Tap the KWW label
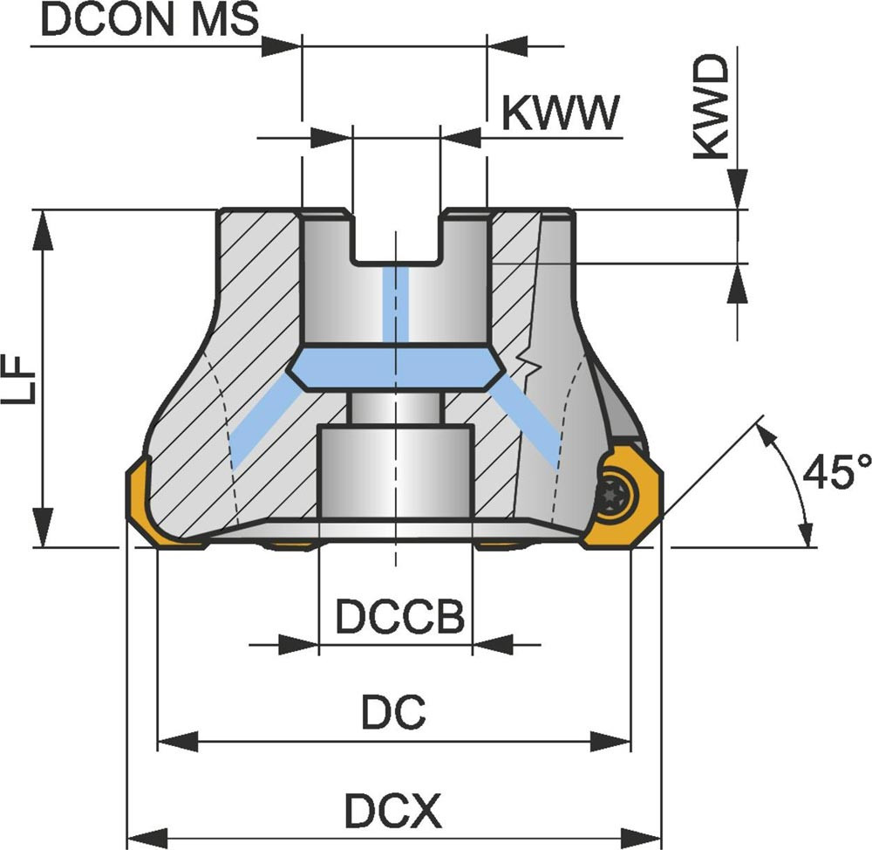[562, 113]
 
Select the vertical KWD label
[713, 107]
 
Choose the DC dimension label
[393, 715]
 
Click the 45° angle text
[835, 472]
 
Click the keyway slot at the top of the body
[396, 236]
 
